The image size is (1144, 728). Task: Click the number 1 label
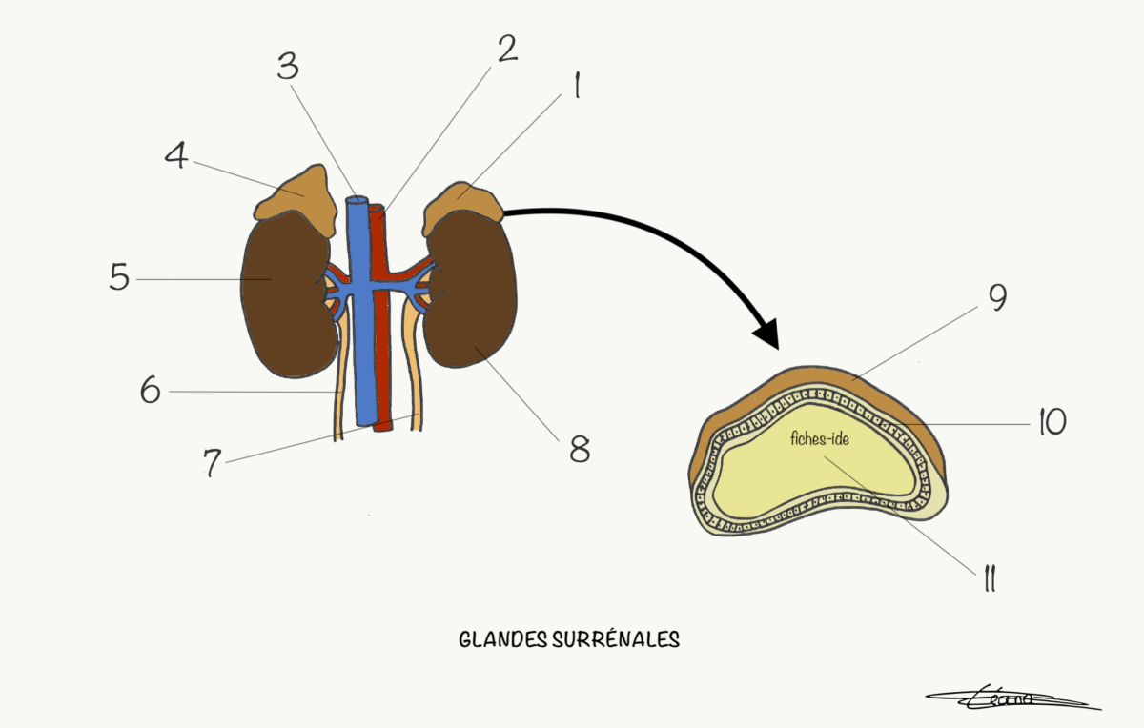point(576,88)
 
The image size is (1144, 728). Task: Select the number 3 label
point(288,66)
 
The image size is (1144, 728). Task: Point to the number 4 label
point(176,156)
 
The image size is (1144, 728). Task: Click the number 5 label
point(119,277)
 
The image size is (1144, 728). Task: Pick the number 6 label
point(151,391)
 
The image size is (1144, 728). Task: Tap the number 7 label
point(212,462)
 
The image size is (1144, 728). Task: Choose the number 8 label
point(579,448)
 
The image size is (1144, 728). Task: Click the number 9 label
point(996,298)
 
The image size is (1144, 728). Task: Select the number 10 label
point(1051,422)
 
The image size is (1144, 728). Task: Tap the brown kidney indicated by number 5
point(283,295)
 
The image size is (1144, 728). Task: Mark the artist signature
point(1011,699)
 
